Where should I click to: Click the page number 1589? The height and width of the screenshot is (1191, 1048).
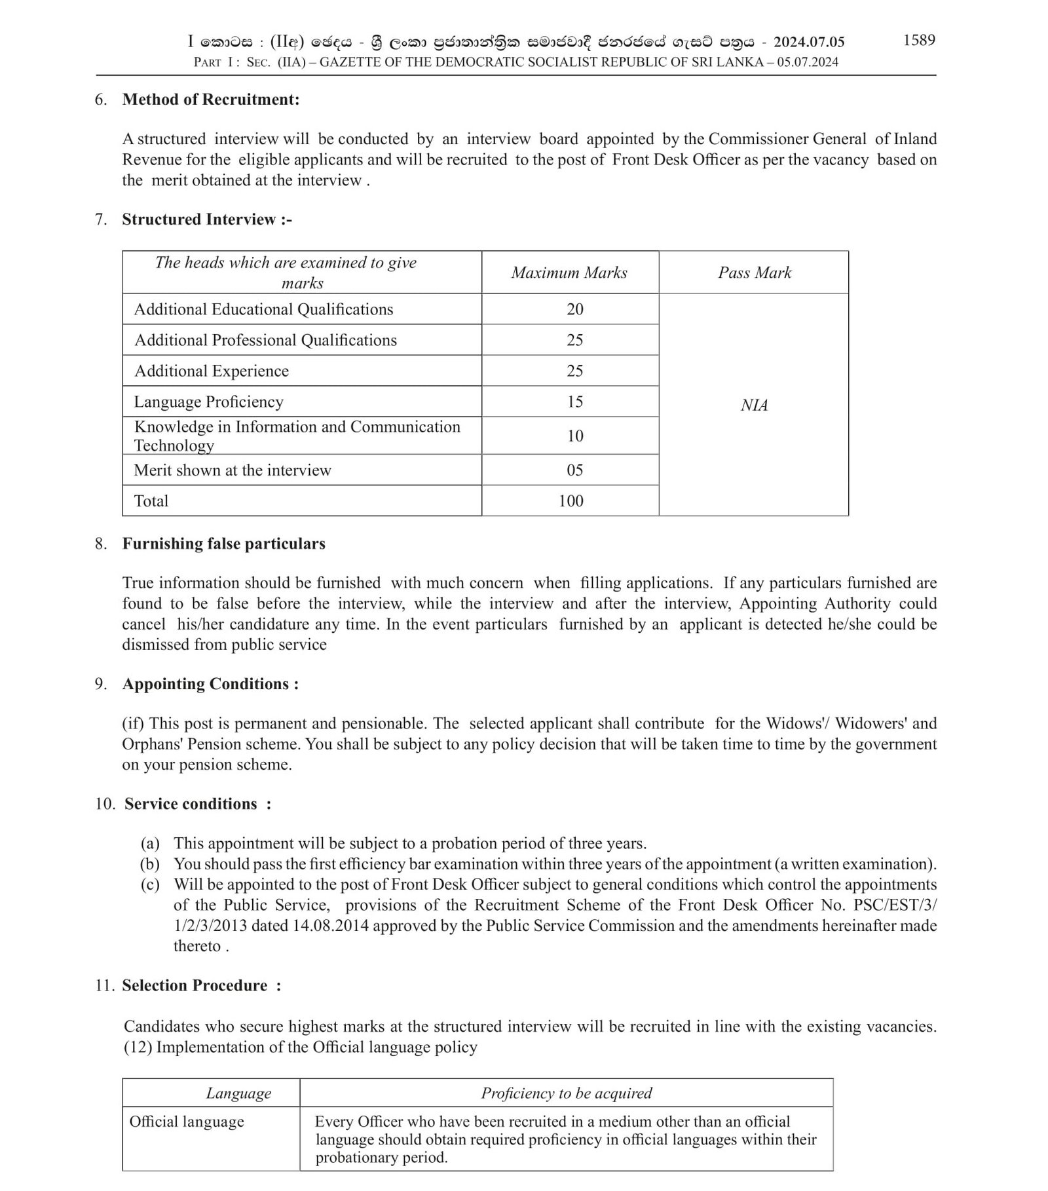pos(918,40)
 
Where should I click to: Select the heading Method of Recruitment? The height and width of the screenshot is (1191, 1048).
pos(210,100)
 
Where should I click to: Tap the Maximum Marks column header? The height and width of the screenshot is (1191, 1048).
pos(569,273)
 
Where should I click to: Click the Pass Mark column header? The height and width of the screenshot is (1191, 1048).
pos(754,273)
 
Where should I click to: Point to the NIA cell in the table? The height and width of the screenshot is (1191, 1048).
pos(754,406)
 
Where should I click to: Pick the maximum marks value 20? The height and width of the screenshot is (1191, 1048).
pos(574,309)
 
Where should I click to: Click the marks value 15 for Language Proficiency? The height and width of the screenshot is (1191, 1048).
pos(574,402)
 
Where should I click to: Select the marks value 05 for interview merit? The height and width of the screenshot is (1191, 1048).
pos(574,470)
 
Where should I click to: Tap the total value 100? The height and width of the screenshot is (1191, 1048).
pos(571,501)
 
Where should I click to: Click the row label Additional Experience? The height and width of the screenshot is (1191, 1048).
pos(211,371)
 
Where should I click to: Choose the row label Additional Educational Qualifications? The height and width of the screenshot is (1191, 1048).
pos(263,309)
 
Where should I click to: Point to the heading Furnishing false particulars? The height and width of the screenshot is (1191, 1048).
pos(223,544)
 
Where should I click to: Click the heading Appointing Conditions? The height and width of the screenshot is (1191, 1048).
pos(210,684)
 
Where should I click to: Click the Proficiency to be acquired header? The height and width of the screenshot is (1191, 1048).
pos(567,1093)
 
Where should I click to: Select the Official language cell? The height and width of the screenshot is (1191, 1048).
pos(187,1122)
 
